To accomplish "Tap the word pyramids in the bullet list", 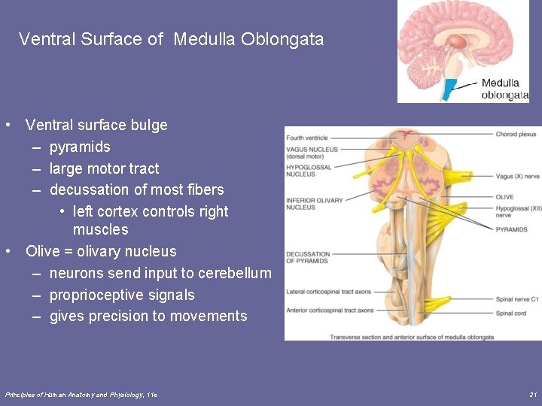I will (80, 147).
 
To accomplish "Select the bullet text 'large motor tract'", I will (104, 168).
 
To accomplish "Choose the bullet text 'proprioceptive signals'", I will (122, 295).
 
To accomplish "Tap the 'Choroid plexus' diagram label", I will (516, 135).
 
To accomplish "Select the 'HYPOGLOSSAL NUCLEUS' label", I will (309, 171).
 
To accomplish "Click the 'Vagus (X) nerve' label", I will (517, 177).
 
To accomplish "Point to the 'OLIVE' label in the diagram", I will (504, 197).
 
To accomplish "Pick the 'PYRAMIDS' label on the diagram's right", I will (511, 229).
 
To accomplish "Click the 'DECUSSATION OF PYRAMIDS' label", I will (309, 257).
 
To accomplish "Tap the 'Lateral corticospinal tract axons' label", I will (328, 291).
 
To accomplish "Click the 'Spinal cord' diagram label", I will (511, 313).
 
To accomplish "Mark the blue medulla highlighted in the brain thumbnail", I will (450, 89).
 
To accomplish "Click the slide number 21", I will (533, 394).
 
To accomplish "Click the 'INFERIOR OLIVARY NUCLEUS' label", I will (314, 203).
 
